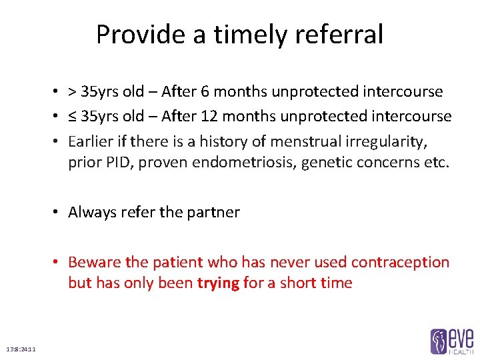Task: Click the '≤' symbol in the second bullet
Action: [73, 117]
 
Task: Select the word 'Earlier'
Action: [91, 141]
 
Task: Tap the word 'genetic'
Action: [324, 163]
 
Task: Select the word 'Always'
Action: [91, 212]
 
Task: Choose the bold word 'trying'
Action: [218, 283]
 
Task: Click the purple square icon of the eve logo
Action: [439, 341]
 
